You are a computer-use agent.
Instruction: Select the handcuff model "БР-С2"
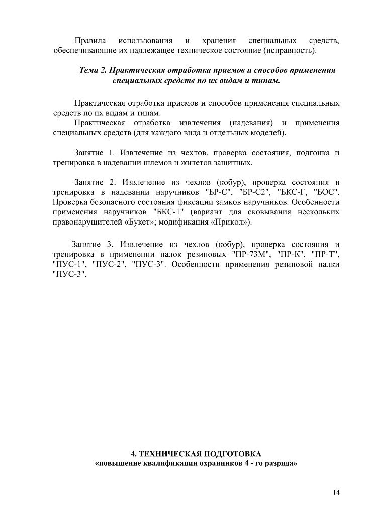tap(254, 192)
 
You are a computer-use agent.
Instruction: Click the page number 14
tap(336, 492)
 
